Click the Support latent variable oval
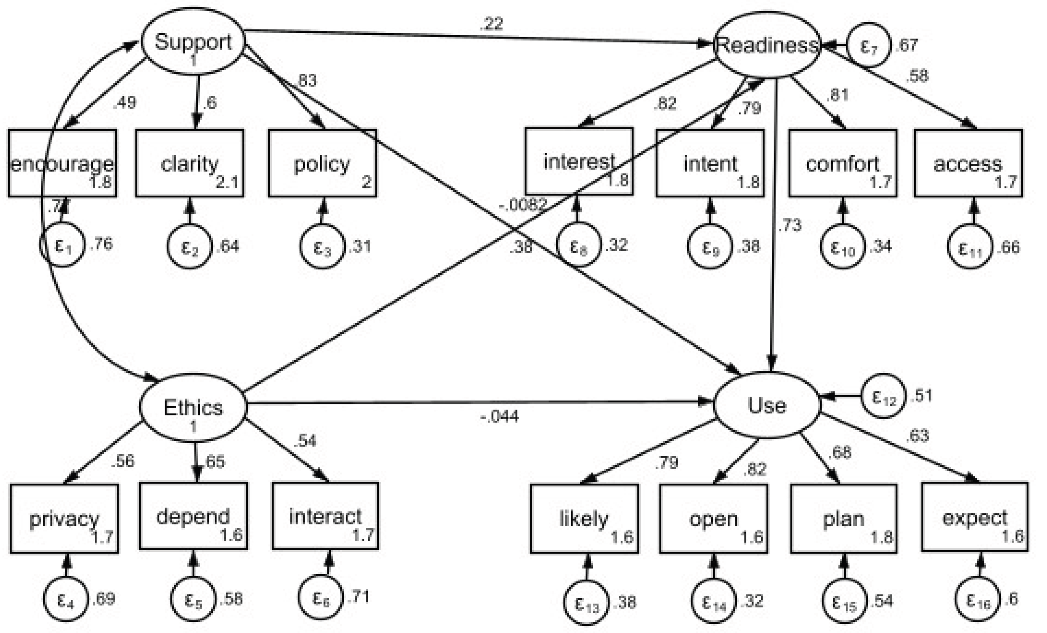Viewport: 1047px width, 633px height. (193, 42)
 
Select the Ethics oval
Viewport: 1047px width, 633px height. (193, 407)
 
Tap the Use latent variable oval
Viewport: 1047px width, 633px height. (767, 405)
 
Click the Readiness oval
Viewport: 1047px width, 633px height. (767, 45)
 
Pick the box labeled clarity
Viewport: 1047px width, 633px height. (190, 163)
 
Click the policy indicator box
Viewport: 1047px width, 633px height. (322, 163)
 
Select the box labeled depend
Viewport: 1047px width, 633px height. (193, 516)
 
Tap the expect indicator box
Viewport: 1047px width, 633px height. (975, 518)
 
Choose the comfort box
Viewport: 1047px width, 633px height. (843, 163)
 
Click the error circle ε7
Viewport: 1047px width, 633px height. (868, 45)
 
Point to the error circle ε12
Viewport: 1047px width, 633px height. (884, 396)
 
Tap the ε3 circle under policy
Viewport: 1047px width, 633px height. (322, 246)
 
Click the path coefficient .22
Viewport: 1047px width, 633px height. (491, 24)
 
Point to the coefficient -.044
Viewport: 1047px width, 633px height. (500, 417)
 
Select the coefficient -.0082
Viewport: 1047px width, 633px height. (523, 205)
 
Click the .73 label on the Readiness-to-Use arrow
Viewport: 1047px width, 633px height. (790, 225)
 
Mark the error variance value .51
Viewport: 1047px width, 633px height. (921, 395)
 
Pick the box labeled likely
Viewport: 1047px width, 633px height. (584, 518)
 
